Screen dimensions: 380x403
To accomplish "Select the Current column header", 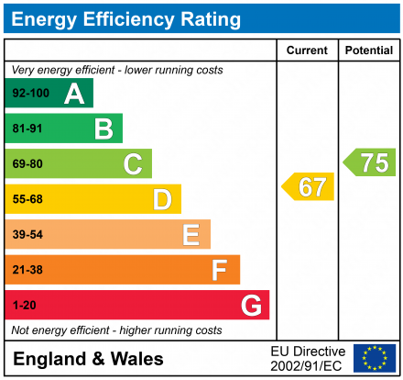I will (307, 50).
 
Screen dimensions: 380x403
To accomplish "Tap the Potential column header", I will (369, 50).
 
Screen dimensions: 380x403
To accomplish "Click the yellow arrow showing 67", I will (309, 186).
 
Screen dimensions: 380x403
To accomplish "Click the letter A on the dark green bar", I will (74, 94).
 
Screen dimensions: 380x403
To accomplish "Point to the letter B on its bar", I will (103, 129).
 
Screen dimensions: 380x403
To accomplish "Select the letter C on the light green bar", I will (133, 164).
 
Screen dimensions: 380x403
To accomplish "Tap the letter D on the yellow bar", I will (162, 199).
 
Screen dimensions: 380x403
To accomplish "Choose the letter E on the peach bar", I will (191, 235).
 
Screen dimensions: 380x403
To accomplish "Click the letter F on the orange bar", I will (220, 270).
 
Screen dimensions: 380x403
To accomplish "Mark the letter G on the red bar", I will (250, 305).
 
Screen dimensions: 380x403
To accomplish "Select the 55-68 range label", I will (27, 199).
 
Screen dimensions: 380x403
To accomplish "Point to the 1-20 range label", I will (24, 305).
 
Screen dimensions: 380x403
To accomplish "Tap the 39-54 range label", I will (27, 235).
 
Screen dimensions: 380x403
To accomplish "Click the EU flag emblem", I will (374, 358).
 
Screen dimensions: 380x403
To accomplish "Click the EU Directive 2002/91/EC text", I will (308, 358).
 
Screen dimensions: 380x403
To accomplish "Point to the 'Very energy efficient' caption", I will (116, 71).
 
